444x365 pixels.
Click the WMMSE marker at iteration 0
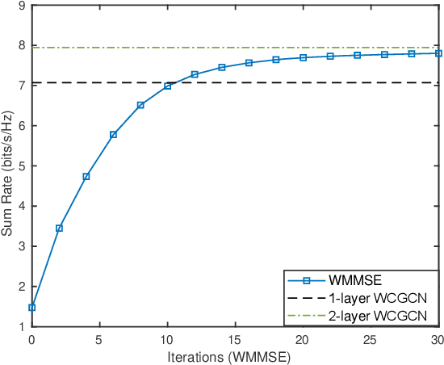tap(32, 308)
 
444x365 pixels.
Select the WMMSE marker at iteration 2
tap(59, 228)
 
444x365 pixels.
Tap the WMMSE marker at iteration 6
tap(113, 134)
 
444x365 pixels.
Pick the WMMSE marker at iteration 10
tap(168, 86)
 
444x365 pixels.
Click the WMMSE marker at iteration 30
tap(438, 53)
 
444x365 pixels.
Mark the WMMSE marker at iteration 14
tap(222, 67)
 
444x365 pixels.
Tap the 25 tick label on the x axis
tap(371, 339)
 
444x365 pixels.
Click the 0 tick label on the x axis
tap(32, 339)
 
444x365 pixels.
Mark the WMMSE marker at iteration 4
tap(86, 176)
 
